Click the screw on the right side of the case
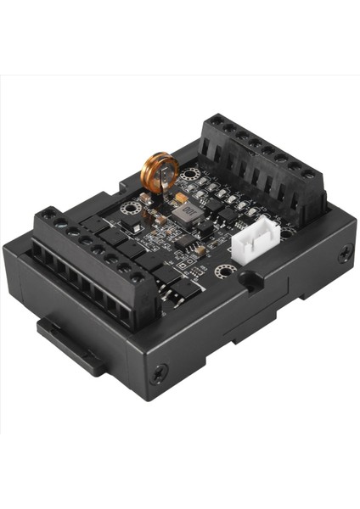tap(346, 253)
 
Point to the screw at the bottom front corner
tap(157, 372)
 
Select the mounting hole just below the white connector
tap(224, 271)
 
